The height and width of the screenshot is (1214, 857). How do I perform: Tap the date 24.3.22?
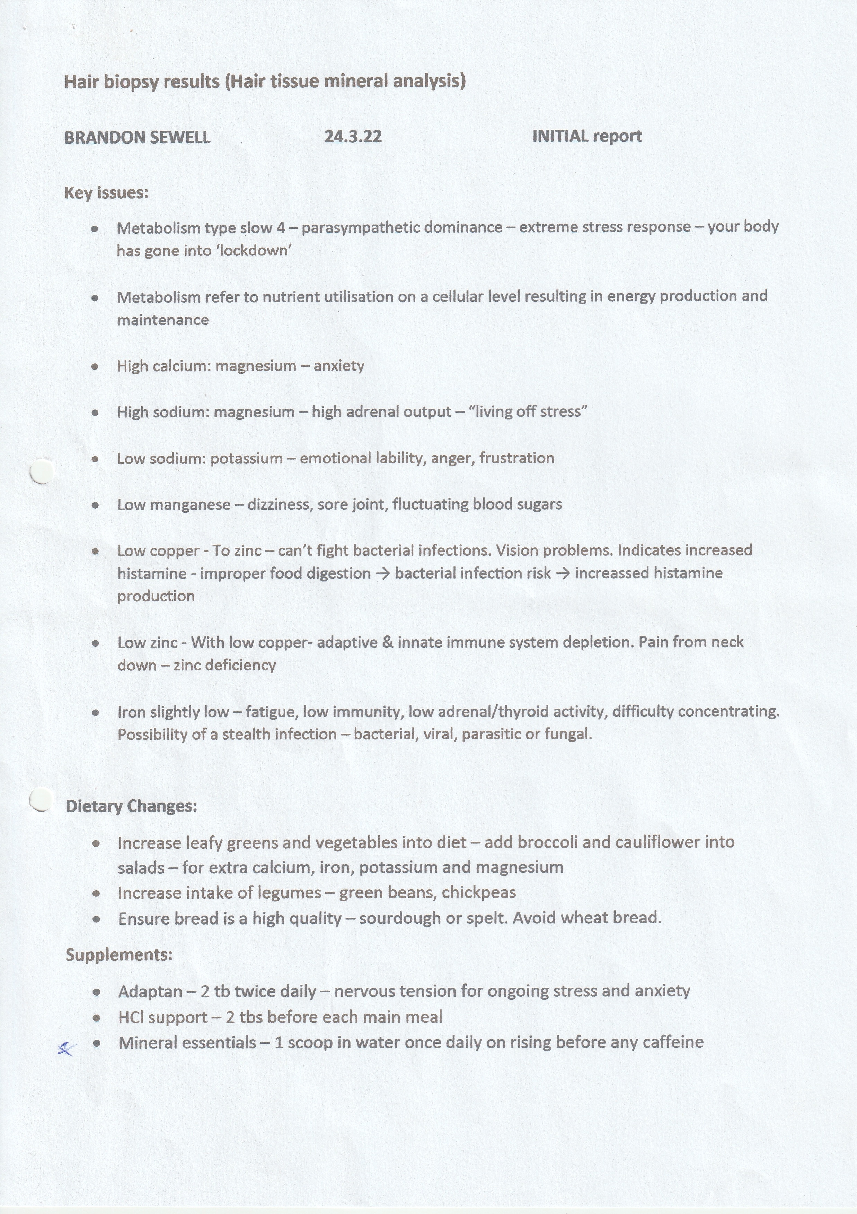353,137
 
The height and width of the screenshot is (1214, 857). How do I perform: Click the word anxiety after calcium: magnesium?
339,366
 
